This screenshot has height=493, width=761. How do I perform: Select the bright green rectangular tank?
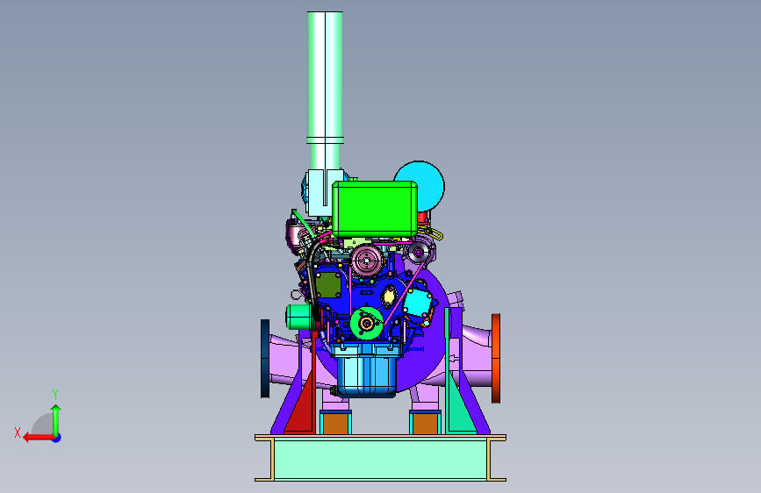click(375, 209)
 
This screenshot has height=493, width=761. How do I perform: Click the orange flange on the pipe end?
click(496, 358)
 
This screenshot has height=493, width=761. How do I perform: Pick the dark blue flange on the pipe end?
click(265, 359)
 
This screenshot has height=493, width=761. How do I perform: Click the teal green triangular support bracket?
click(459, 389)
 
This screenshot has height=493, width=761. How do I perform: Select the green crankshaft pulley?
click(367, 323)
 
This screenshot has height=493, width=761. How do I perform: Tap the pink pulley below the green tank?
click(367, 261)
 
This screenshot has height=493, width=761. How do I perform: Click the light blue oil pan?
click(366, 371)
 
